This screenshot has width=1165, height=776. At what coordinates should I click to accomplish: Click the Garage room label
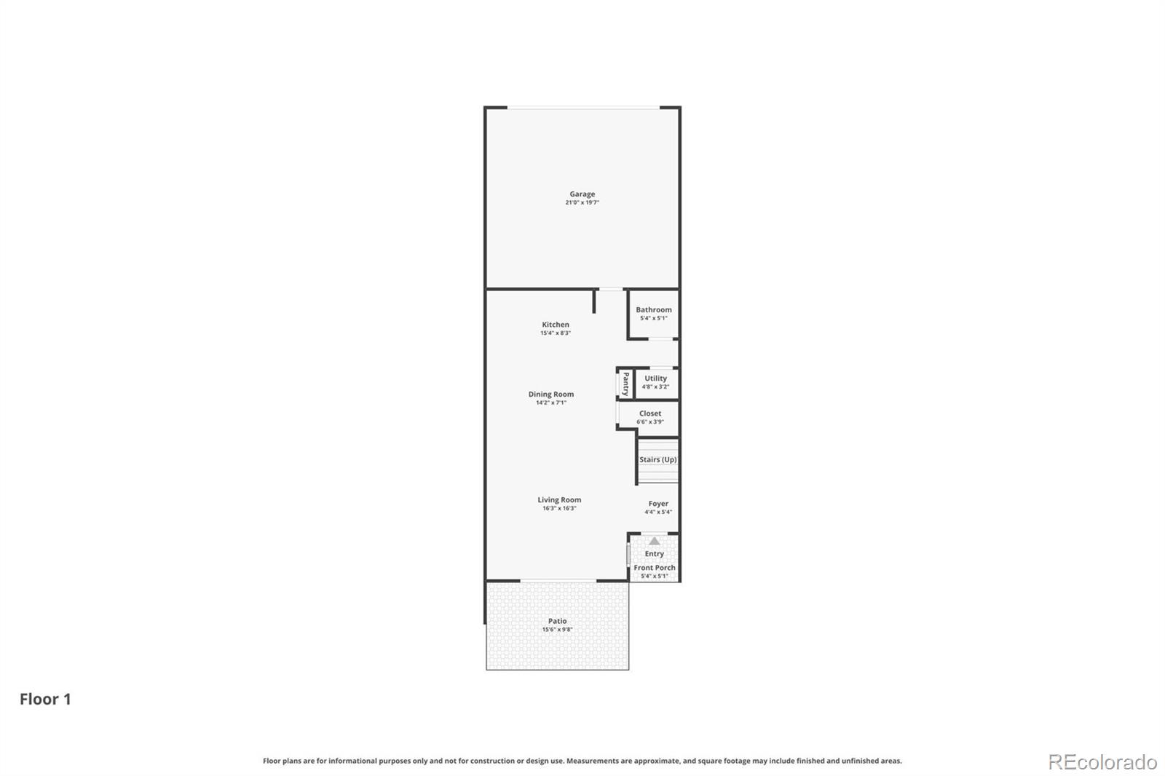[x=582, y=194]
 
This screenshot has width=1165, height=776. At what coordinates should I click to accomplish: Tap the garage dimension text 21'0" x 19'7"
[x=582, y=202]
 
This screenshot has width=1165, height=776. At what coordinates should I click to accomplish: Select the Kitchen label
[x=556, y=325]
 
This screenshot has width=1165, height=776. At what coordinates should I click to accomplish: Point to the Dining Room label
[x=551, y=395]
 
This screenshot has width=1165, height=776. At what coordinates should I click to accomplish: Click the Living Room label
[x=559, y=500]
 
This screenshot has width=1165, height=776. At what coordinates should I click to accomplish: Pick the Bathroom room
[x=653, y=314]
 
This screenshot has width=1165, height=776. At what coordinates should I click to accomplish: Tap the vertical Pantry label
[x=625, y=384]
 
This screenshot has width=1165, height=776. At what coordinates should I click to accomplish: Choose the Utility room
[x=655, y=382]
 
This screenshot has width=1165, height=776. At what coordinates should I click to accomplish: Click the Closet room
[x=650, y=417]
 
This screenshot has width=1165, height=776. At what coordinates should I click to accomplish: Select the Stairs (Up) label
[x=657, y=460]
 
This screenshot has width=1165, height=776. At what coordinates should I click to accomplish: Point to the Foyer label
[x=658, y=504]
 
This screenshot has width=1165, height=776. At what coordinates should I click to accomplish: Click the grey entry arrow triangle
[x=655, y=541]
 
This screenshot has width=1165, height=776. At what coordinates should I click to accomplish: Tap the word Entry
[x=654, y=554]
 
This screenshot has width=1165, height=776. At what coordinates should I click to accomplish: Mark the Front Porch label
[x=654, y=568]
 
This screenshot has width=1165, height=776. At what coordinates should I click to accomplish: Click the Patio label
[x=557, y=621]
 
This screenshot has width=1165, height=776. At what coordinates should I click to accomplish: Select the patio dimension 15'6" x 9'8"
[x=557, y=630]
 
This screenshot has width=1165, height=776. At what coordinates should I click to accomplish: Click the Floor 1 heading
[x=45, y=699]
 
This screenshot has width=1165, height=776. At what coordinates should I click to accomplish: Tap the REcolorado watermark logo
[x=1102, y=762]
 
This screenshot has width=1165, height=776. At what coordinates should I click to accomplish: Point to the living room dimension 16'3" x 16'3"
[x=559, y=509]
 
